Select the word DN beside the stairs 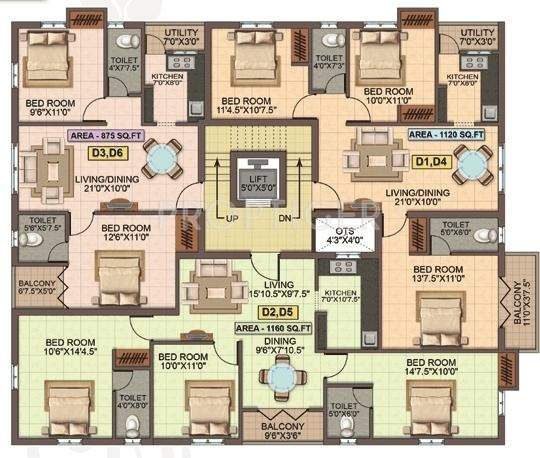pyautogui.click(x=283, y=217)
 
